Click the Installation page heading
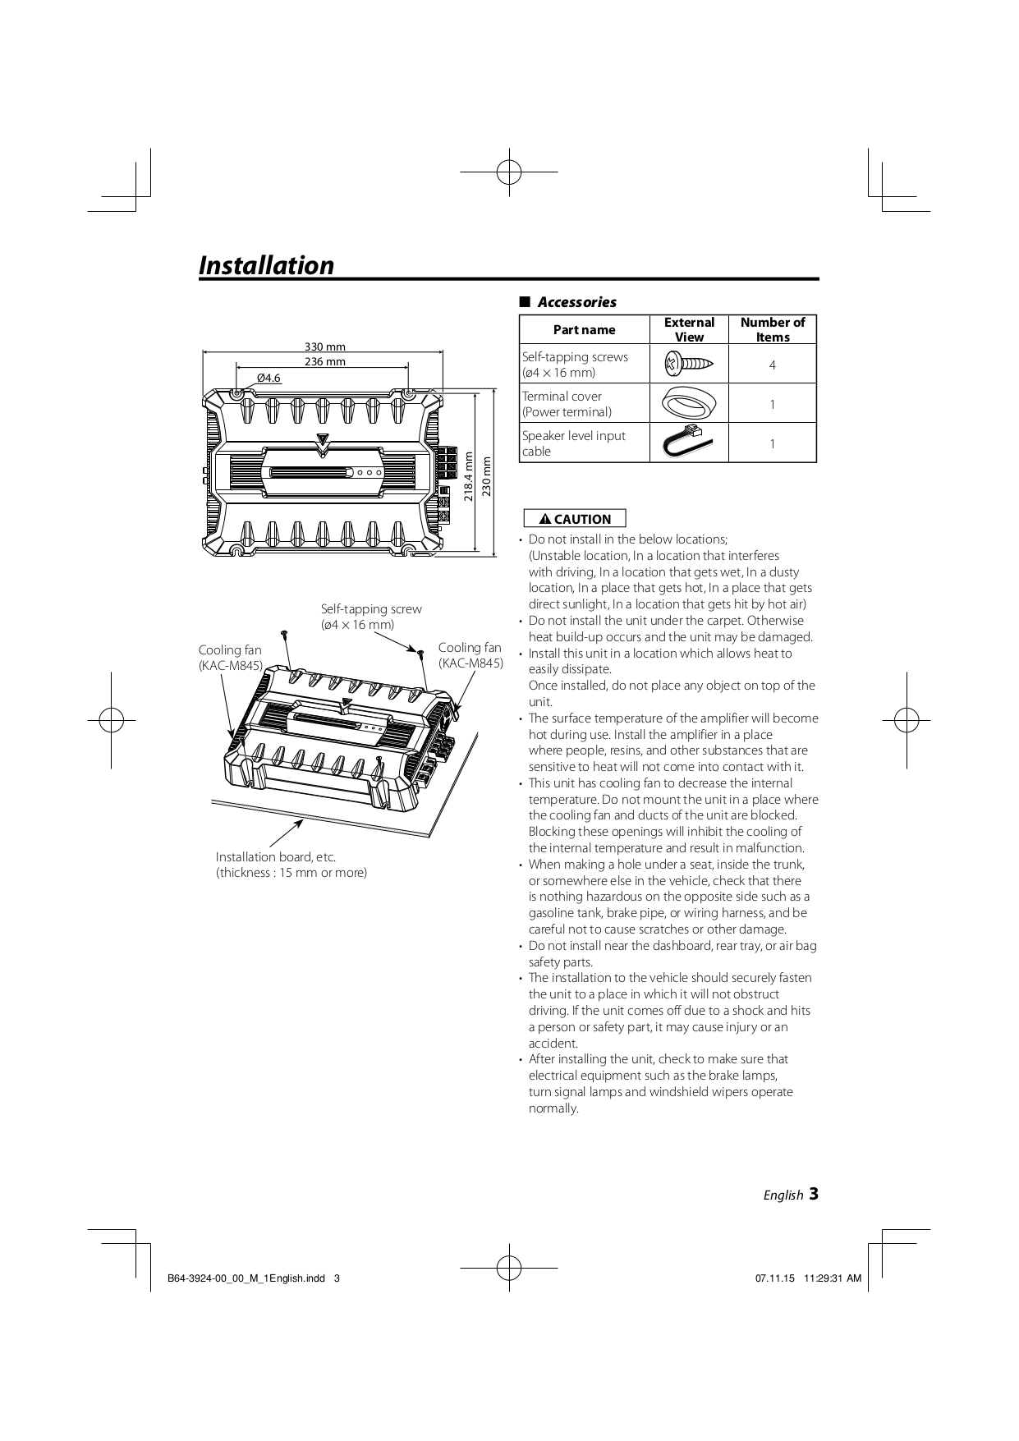[x=267, y=265]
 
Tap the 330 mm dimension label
[x=325, y=346]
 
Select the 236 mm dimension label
[x=325, y=361]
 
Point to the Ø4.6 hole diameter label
[x=269, y=378]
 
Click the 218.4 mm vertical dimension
[x=469, y=476]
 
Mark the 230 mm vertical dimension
[x=486, y=476]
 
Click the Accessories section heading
[x=576, y=302]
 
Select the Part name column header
[x=584, y=329]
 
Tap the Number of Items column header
[x=772, y=329]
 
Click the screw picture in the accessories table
[x=689, y=363]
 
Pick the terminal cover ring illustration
[x=689, y=403]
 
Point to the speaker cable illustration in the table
[x=689, y=443]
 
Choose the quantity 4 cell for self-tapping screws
[x=772, y=365]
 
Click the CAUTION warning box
[x=575, y=519]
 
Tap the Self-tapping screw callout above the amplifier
[x=371, y=617]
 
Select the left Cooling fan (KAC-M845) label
[x=230, y=658]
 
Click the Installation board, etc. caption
[x=291, y=865]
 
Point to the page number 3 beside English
[x=813, y=1194]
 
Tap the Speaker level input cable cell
[x=574, y=443]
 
